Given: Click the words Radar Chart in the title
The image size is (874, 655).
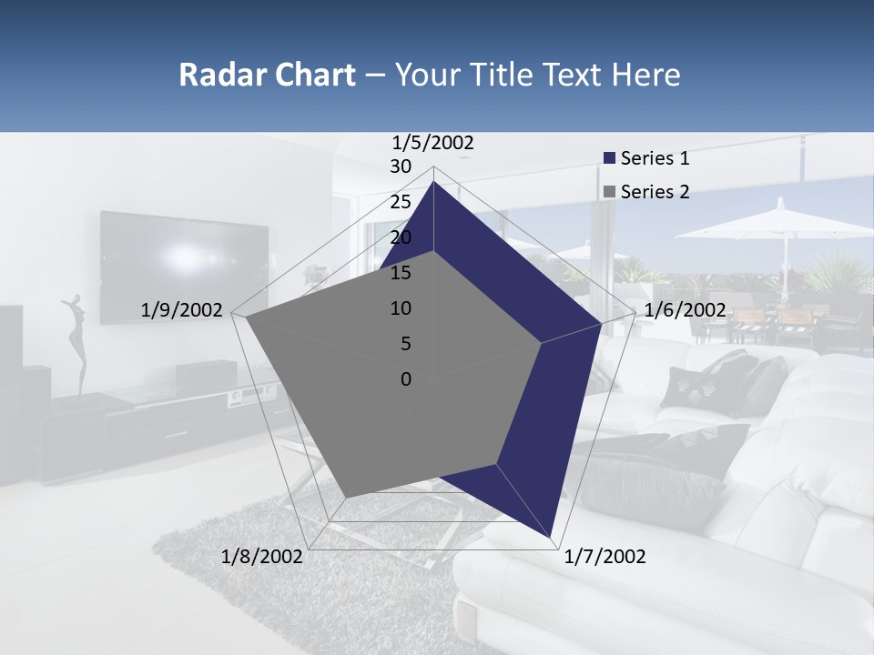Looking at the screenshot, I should click(267, 75).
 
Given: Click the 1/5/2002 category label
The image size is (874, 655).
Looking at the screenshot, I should click(433, 142).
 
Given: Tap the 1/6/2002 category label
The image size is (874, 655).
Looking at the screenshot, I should click(685, 310).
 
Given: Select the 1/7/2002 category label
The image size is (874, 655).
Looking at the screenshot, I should click(605, 557).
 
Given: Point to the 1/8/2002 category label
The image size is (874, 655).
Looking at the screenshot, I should click(262, 557).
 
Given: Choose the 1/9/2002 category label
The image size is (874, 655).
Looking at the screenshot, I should click(181, 310).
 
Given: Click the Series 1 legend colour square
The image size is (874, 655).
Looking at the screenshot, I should click(609, 159).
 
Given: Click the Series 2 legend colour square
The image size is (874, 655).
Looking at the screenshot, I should click(609, 192).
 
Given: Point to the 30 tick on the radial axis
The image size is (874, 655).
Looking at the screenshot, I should click(401, 166).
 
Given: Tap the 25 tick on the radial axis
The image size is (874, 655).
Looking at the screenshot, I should click(401, 202).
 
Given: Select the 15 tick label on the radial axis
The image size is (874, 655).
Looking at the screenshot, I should click(401, 273).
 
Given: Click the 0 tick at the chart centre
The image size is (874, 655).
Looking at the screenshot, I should click(406, 379).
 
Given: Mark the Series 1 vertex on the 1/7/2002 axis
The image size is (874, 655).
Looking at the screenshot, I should click(552, 537).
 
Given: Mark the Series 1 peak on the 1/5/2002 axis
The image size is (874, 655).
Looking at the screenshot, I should click(434, 182).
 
